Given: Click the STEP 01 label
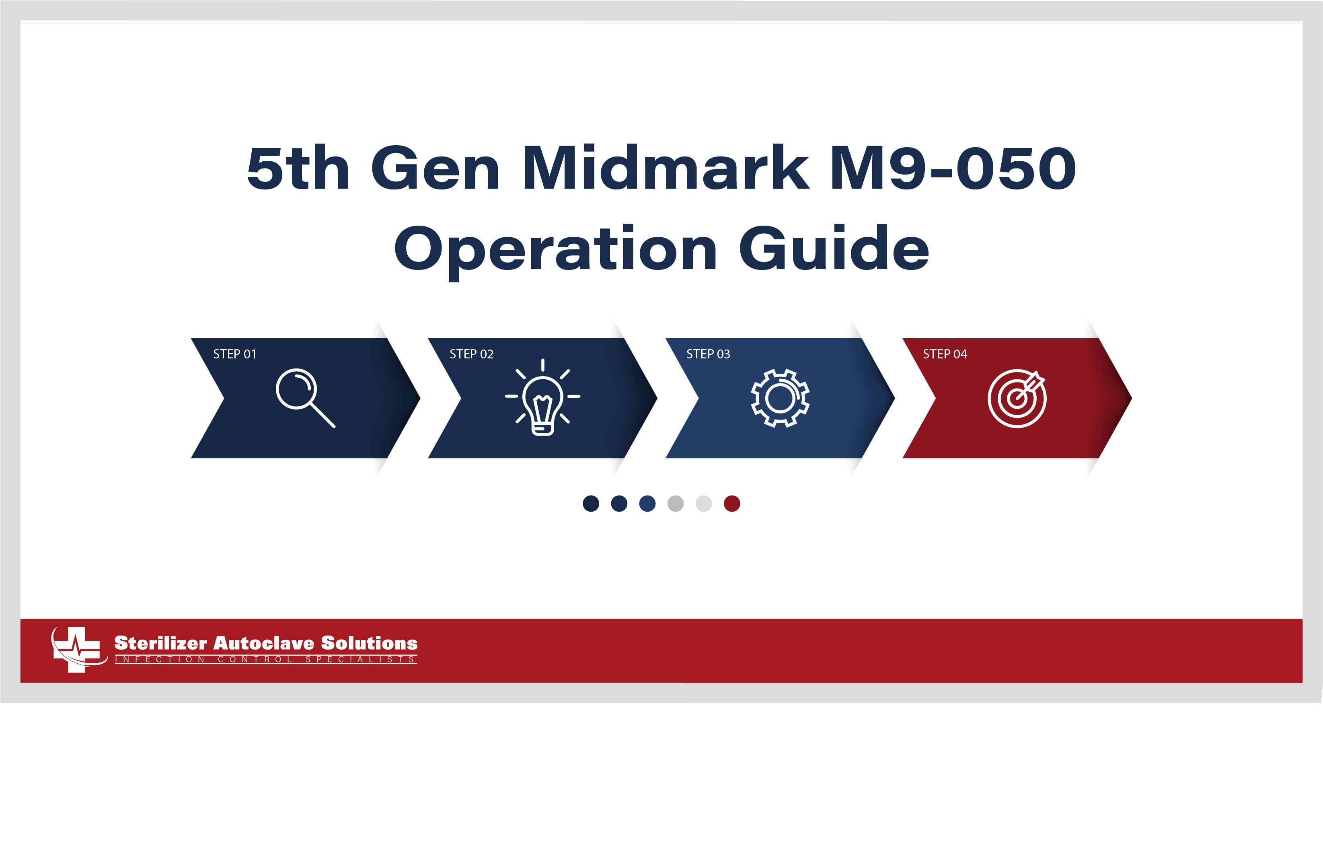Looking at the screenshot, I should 234,354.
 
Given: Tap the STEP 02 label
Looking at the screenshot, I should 471,354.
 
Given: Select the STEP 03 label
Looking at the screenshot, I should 708,354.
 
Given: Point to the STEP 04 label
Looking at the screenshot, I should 945,354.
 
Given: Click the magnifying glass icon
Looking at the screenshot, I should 305,397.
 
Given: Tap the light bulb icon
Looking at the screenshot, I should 542,398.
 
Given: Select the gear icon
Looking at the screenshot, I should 780,398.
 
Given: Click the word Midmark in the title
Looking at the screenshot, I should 665,168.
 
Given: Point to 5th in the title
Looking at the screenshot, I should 298,168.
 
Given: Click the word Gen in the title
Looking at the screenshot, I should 435,168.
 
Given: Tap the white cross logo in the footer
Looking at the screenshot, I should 77,649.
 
